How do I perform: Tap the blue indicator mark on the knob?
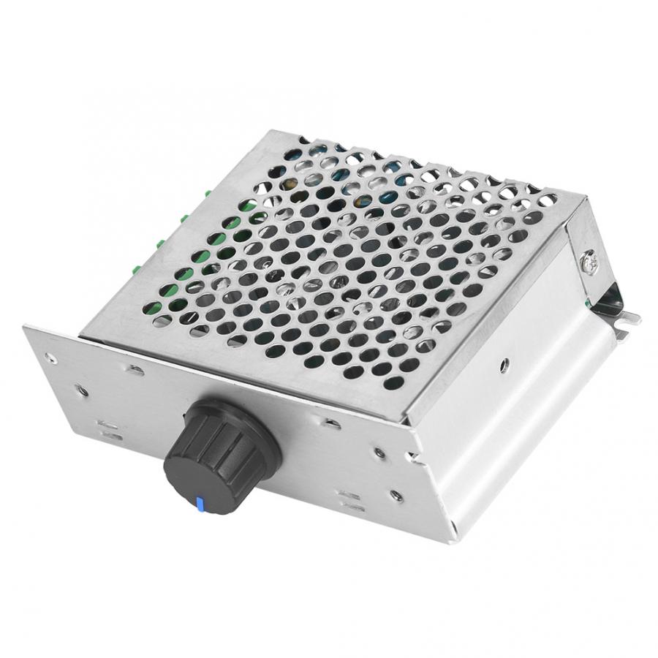click(198, 504)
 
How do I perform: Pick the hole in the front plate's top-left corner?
click(49, 358)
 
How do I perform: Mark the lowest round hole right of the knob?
click(396, 496)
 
